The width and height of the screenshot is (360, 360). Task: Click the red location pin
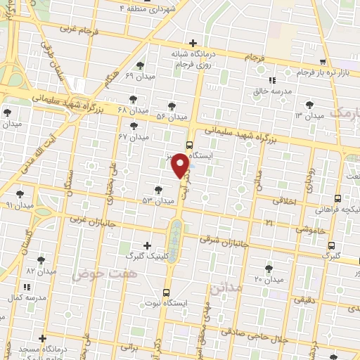(x=181, y=165)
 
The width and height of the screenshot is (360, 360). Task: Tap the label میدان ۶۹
(x=139, y=75)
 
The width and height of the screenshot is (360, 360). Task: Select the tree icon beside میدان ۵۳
(x=158, y=190)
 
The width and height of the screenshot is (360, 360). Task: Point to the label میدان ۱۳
(x=309, y=115)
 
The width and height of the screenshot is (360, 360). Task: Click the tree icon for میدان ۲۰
(x=269, y=268)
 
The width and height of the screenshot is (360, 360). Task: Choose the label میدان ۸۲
(x=41, y=271)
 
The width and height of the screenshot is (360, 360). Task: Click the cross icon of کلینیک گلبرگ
(x=146, y=246)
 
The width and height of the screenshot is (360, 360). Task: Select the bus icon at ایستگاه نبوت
(x=167, y=292)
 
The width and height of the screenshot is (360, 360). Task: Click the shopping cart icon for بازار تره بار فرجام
(x=323, y=63)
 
